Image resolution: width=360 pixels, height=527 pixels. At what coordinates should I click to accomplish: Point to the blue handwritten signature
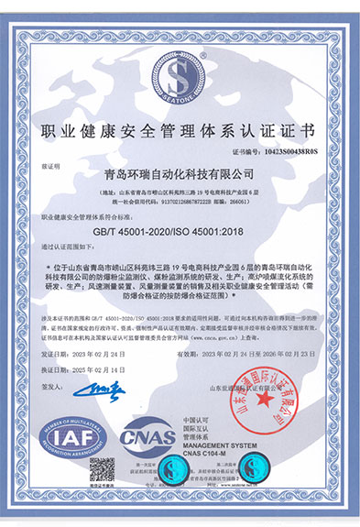[96, 390]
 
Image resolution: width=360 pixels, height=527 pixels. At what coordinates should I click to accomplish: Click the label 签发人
[51, 390]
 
